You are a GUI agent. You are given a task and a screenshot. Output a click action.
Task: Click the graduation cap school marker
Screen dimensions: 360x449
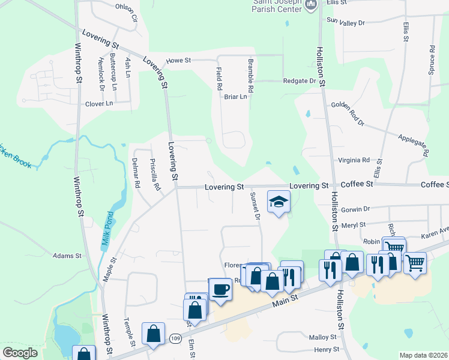pyautogui.click(x=279, y=202)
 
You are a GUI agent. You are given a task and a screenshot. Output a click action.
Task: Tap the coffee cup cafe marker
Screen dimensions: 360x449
pyautogui.click(x=220, y=289)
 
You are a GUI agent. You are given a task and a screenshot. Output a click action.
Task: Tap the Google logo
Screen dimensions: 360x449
pyautogui.click(x=20, y=353)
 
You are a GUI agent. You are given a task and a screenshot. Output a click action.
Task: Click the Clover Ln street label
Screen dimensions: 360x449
pyautogui.click(x=99, y=103)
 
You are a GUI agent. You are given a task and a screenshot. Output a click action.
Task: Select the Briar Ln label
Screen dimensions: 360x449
pyautogui.click(x=235, y=97)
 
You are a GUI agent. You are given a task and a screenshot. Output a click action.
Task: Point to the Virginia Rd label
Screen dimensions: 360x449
pyautogui.click(x=354, y=160)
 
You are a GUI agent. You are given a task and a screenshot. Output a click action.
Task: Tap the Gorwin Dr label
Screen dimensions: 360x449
pyautogui.click(x=355, y=209)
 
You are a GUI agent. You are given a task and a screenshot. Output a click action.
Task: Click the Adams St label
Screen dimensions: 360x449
pyautogui.click(x=67, y=256)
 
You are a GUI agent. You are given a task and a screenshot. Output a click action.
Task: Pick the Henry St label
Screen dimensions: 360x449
pyautogui.click(x=327, y=349)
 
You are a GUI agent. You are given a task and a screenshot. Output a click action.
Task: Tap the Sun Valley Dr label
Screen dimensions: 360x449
pyautogui.click(x=345, y=22)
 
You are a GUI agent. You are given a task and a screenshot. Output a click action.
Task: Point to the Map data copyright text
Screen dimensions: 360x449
pyautogui.click(x=423, y=355)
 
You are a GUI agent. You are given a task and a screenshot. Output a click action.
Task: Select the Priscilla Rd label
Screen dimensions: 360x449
pyautogui.click(x=155, y=175)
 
